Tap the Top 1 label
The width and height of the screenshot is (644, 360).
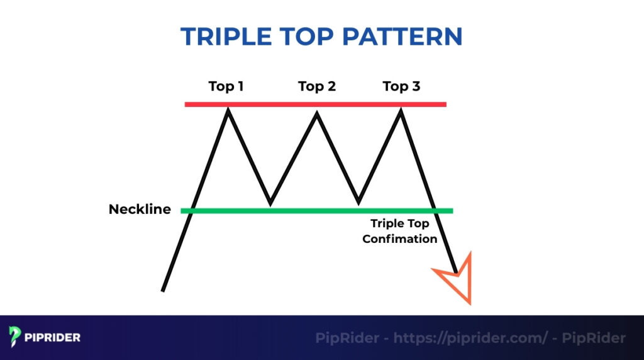tap(226, 86)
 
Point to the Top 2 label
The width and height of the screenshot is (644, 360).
tap(317, 86)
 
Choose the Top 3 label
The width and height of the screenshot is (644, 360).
tap(401, 86)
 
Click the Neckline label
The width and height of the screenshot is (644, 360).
tap(140, 210)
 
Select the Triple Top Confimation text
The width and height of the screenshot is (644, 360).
tap(399, 231)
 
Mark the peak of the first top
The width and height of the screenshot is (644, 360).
tap(228, 110)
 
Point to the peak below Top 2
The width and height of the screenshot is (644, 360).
tap(317, 113)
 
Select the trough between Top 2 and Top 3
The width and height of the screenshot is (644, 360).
tap(358, 203)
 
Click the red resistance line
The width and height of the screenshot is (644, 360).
tap(314, 104)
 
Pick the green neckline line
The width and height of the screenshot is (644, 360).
tap(314, 210)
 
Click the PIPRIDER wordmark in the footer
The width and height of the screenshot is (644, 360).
tap(53, 338)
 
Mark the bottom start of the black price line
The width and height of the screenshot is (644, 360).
tap(163, 290)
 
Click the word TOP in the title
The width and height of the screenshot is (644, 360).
tap(310, 37)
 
